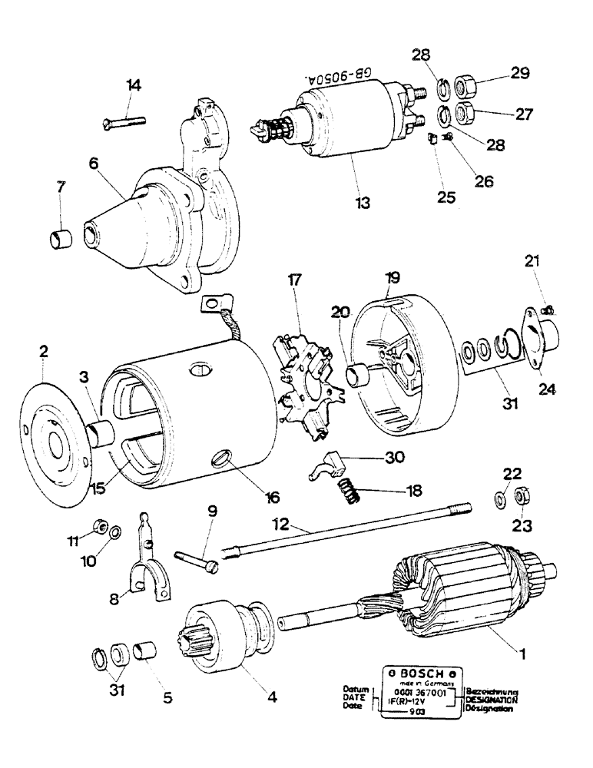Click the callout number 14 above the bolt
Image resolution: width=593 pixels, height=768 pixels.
click(134, 86)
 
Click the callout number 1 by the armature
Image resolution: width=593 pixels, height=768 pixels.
click(522, 654)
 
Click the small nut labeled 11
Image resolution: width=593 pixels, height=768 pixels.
click(98, 526)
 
